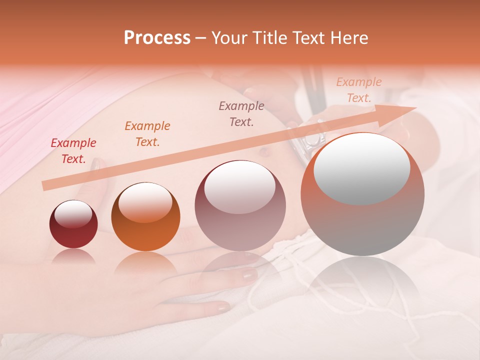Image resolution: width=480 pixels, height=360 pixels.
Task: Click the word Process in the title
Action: (x=157, y=38)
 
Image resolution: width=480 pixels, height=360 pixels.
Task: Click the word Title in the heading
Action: (x=270, y=38)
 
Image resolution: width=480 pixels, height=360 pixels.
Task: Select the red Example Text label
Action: (x=73, y=151)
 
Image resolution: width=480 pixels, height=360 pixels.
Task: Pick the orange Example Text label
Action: (x=147, y=134)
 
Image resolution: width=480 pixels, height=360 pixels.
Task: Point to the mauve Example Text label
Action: (x=241, y=113)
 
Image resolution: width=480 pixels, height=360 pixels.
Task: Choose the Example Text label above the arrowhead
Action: (x=358, y=90)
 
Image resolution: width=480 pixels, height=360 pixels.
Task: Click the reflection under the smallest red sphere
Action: (x=73, y=256)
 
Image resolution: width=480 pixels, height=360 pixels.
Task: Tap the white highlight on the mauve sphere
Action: (x=240, y=187)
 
